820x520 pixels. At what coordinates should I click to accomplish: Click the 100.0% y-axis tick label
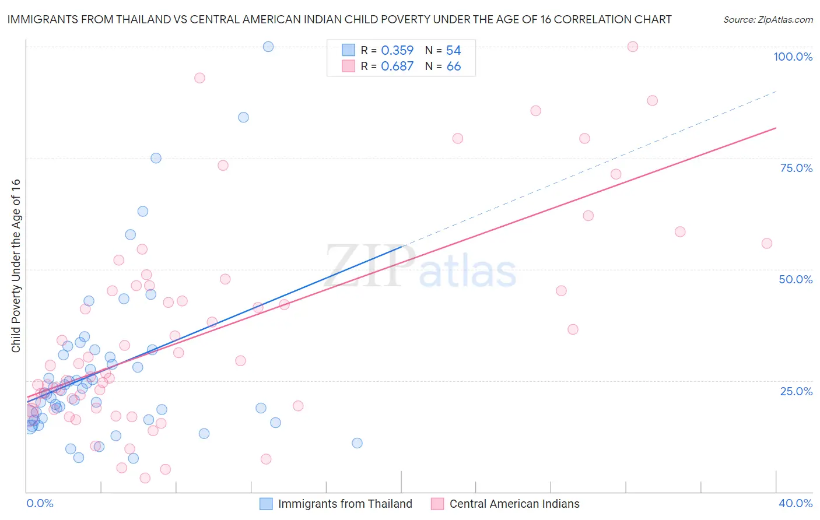pyautogui.click(x=793, y=57)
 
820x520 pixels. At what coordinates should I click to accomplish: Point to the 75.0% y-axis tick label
pyautogui.click(x=796, y=168)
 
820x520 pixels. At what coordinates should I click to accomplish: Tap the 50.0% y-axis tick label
pyautogui.click(x=796, y=279)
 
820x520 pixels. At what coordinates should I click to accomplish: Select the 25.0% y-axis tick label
pyautogui.click(x=796, y=391)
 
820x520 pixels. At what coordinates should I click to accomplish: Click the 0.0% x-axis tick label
pyautogui.click(x=40, y=503)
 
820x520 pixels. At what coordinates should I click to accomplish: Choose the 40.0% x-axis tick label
pyautogui.click(x=796, y=503)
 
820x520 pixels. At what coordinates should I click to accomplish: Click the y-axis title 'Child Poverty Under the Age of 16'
pyautogui.click(x=16, y=265)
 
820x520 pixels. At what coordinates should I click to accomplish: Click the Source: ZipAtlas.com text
pyautogui.click(x=768, y=20)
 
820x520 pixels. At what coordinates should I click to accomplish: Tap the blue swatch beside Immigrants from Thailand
pyautogui.click(x=266, y=504)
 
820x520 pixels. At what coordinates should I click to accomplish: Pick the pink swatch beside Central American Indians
pyautogui.click(x=437, y=504)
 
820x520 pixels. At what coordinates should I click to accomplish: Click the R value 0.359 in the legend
pyautogui.click(x=397, y=51)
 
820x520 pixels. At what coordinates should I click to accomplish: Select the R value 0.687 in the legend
pyautogui.click(x=397, y=66)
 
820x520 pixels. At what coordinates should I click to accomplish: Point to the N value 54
pyautogui.click(x=453, y=51)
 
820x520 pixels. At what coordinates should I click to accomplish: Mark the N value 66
pyautogui.click(x=453, y=66)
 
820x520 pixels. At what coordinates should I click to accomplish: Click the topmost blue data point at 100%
pyautogui.click(x=268, y=47)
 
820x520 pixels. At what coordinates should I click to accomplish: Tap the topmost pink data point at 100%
pyautogui.click(x=633, y=47)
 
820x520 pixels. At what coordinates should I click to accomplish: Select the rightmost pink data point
pyautogui.click(x=767, y=244)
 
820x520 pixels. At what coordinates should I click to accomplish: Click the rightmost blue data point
pyautogui.click(x=357, y=443)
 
